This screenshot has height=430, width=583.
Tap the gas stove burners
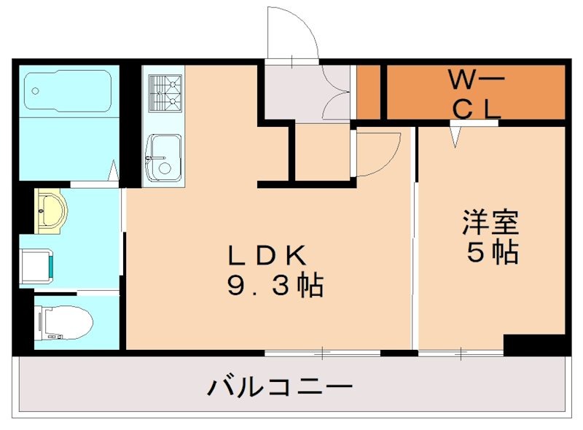(165, 93)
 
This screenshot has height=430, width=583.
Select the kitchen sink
(163, 157)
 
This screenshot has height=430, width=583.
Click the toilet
(64, 321)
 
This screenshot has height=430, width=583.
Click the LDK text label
(265, 256)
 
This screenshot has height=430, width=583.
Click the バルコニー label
(281, 386)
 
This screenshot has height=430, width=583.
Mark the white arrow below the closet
(456, 136)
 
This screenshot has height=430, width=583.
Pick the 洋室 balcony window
(461, 353)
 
